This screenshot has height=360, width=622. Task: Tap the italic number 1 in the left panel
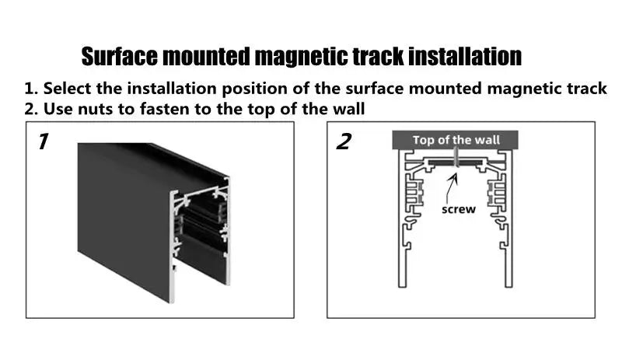click(44, 142)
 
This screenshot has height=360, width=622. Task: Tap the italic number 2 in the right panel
click(343, 142)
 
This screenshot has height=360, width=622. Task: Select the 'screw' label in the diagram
click(458, 209)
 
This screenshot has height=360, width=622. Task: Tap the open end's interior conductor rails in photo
click(200, 225)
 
